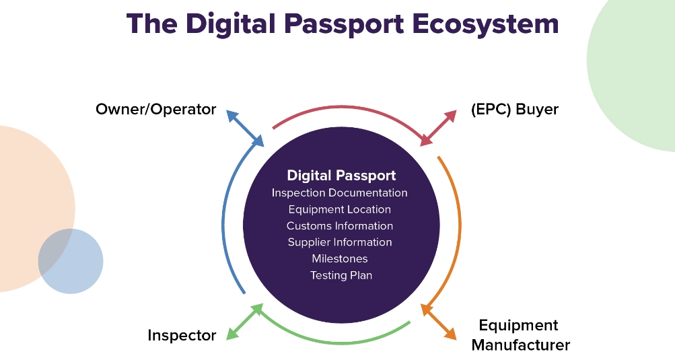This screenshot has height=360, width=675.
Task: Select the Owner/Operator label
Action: click(x=155, y=109)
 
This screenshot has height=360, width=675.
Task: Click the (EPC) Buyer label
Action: click(x=516, y=109)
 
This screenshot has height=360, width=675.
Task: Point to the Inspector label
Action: click(x=182, y=335)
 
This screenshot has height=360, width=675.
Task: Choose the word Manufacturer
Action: click(x=520, y=345)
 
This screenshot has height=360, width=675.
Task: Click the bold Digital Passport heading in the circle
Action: click(x=341, y=176)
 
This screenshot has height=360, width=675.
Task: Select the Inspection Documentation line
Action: click(x=340, y=193)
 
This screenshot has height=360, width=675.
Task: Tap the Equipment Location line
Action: click(x=340, y=209)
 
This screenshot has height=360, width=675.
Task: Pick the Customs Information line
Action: click(x=340, y=226)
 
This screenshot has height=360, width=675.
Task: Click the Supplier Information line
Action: click(x=340, y=242)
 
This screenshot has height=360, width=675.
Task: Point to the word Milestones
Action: click(x=340, y=258)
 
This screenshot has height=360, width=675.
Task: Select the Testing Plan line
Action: click(x=341, y=275)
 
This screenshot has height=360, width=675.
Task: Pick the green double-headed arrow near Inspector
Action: click(x=244, y=322)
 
